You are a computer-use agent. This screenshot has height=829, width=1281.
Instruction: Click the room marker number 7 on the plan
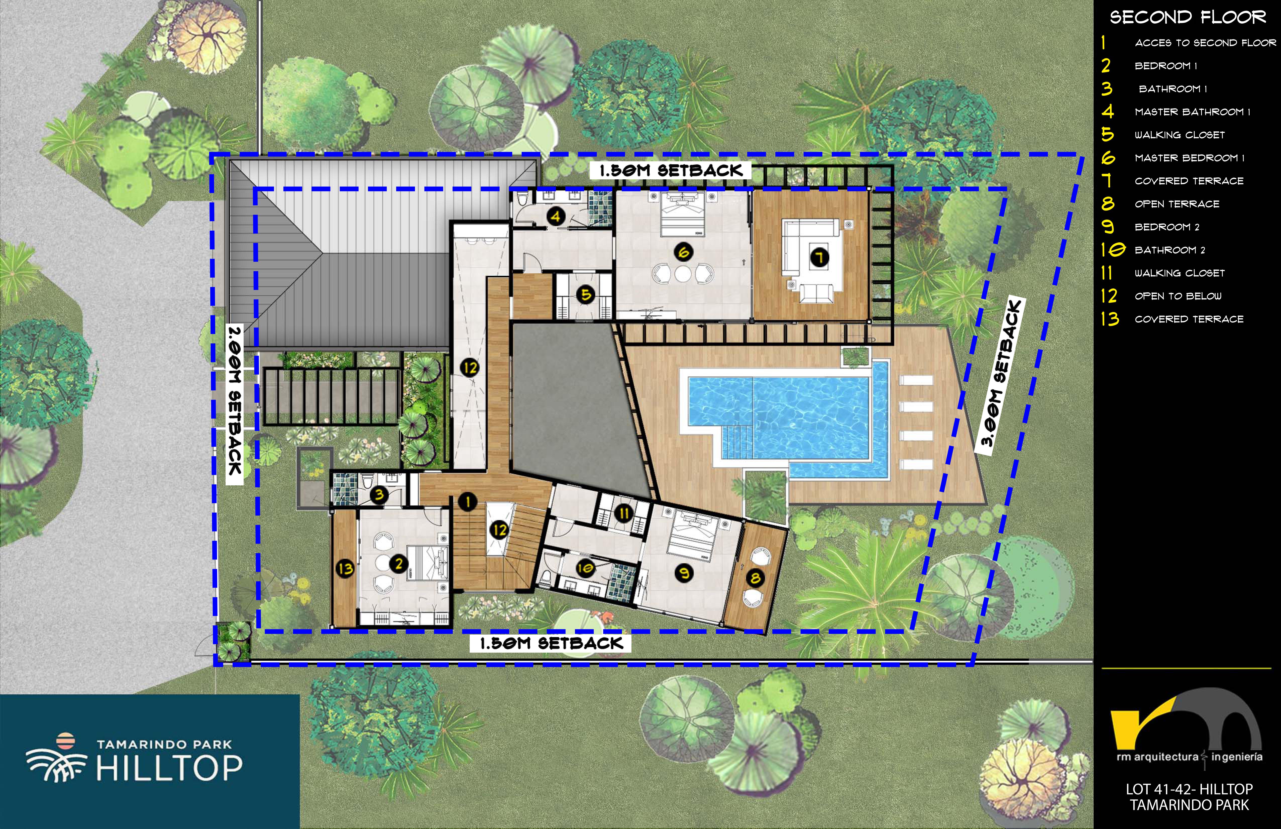[x=820, y=258]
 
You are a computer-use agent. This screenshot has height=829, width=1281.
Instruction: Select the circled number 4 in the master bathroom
[x=556, y=216]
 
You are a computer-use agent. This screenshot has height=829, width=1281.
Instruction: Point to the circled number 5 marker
[x=585, y=294]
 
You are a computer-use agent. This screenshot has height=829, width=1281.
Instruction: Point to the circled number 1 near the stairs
[x=468, y=502]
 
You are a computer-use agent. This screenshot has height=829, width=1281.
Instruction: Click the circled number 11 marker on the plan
[x=624, y=513]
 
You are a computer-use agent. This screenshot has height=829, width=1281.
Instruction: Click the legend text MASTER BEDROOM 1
[x=1190, y=158]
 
